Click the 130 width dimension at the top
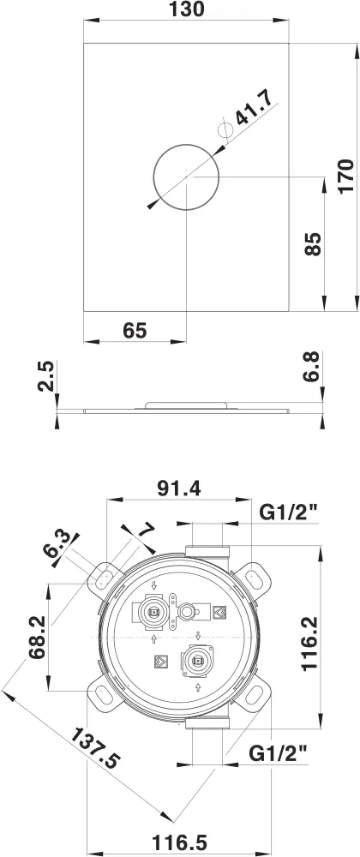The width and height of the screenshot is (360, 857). [x=187, y=11]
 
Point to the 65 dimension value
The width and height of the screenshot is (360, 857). [x=135, y=329]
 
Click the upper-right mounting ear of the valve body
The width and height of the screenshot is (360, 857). [x=255, y=574]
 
